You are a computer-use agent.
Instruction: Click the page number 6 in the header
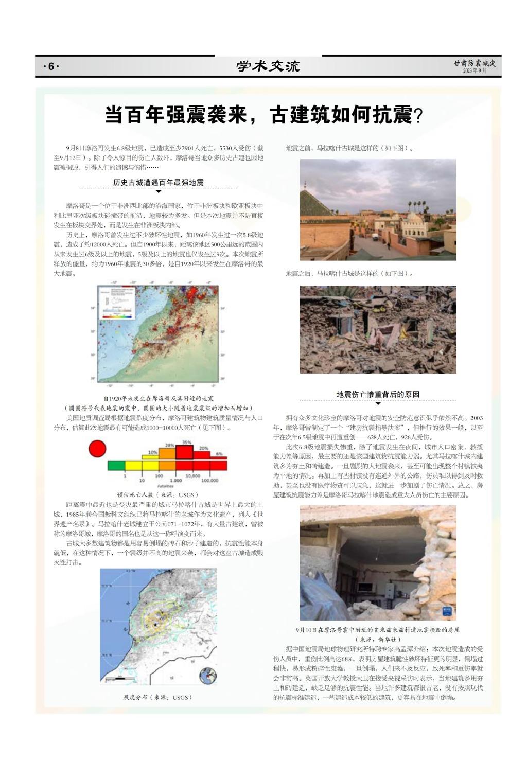(51, 66)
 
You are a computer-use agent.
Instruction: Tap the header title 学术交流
(268, 66)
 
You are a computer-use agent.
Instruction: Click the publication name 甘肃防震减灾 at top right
(475, 63)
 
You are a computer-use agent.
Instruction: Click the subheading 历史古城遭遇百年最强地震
(159, 183)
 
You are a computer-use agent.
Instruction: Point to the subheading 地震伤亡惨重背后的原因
(378, 394)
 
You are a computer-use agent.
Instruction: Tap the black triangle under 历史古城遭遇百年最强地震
(159, 192)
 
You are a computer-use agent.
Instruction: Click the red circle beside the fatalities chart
(97, 449)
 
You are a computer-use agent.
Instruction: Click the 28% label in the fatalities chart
(169, 445)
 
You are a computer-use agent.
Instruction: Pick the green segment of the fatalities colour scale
(116, 465)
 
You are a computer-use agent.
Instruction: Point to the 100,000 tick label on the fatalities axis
(209, 481)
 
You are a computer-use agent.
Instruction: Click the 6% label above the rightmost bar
(219, 453)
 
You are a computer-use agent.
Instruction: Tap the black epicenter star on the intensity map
(155, 624)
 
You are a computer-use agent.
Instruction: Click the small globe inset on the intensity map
(207, 676)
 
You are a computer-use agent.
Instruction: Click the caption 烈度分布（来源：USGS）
(158, 697)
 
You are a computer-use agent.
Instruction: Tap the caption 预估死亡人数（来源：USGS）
(158, 494)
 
